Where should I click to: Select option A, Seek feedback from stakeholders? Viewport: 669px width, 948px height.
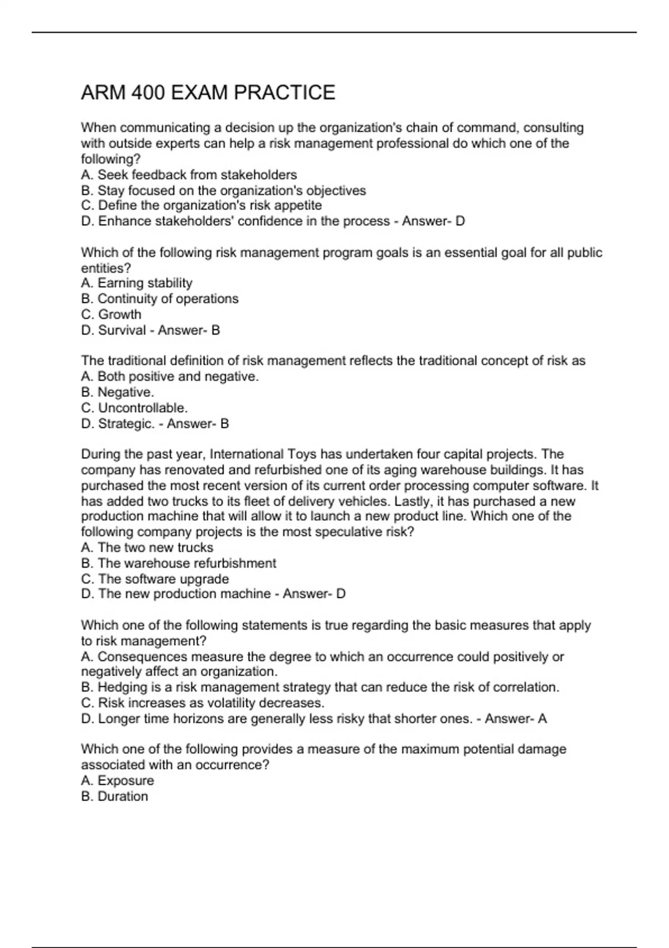189,175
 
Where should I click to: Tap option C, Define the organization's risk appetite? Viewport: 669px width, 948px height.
201,206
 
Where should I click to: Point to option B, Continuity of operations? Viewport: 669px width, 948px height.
159,299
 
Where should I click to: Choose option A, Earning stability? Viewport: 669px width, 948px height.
137,283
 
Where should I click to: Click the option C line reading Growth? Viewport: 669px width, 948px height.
111,315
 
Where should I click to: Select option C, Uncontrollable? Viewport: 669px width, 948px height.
134,408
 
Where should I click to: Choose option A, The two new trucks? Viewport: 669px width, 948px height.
147,548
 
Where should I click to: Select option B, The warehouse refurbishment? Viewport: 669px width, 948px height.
178,563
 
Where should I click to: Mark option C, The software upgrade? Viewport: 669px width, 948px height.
155,579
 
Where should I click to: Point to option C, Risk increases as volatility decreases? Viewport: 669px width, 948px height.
203,703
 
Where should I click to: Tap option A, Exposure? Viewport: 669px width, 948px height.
118,781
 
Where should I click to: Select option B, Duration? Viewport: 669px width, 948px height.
115,796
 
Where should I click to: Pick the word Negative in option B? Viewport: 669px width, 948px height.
125,393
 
